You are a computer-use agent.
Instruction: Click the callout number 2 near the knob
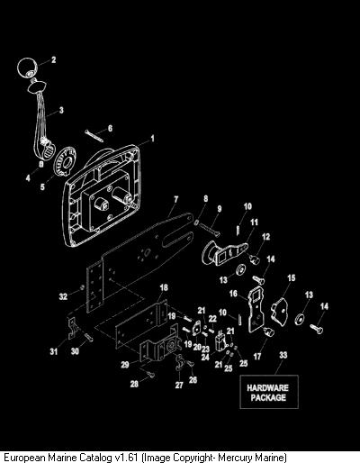(x=54, y=59)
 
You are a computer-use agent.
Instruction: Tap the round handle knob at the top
(x=27, y=68)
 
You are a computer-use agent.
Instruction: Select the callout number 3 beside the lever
(x=61, y=110)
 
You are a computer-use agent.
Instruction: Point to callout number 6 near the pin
(x=110, y=129)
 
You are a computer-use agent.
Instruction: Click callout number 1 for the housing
(x=152, y=139)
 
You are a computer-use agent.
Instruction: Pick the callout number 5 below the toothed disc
(x=42, y=186)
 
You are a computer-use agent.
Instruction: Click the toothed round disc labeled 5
(x=65, y=160)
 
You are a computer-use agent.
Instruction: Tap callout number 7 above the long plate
(x=175, y=199)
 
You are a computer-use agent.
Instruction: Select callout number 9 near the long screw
(x=220, y=209)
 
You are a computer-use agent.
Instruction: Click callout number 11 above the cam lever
(x=254, y=222)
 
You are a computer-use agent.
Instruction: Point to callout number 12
(x=265, y=237)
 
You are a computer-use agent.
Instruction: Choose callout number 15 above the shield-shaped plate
(x=292, y=278)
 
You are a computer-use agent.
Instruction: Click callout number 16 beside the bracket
(x=233, y=294)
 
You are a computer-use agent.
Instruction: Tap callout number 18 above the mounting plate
(x=164, y=287)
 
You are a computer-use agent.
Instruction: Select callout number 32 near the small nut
(x=63, y=296)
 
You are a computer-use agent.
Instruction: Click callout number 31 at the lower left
(x=54, y=351)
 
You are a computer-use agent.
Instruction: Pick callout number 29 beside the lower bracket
(x=125, y=365)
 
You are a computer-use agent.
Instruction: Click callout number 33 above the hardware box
(x=283, y=355)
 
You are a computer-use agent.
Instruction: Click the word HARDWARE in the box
(x=268, y=387)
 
